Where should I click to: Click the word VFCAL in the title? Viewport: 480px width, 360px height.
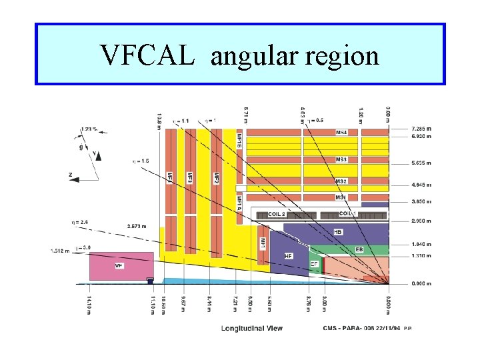(147, 55)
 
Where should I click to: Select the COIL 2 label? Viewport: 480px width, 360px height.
(276, 214)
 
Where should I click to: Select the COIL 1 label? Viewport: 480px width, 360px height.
(348, 213)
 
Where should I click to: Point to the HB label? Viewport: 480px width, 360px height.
(339, 231)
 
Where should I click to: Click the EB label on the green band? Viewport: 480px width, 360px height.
(359, 249)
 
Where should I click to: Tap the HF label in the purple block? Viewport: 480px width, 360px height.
(289, 255)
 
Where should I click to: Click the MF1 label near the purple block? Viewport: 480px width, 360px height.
(263, 243)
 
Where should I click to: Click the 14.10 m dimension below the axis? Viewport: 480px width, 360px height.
(88, 301)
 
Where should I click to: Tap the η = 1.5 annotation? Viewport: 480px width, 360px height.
(141, 161)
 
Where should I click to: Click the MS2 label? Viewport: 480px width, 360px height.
(341, 181)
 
